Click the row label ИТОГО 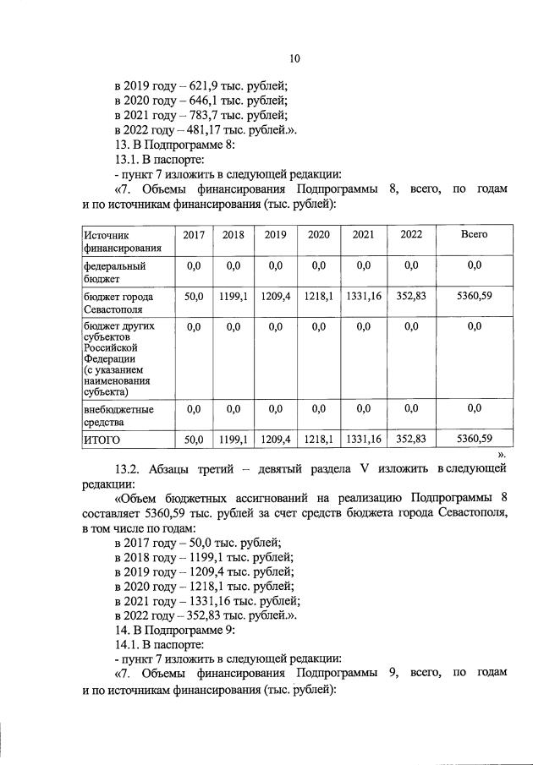click(x=102, y=440)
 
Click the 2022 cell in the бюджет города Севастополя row click(x=411, y=297)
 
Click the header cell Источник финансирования click(x=122, y=241)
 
